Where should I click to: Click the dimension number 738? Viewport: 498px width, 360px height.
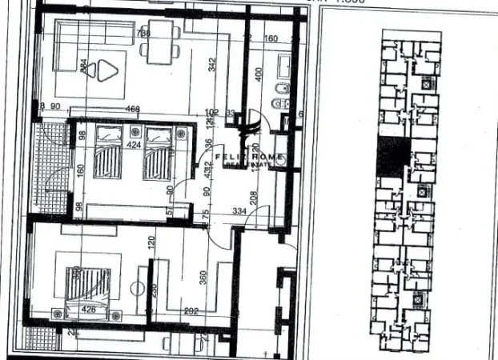[143, 33]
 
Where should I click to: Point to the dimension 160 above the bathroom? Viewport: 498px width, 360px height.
[271, 38]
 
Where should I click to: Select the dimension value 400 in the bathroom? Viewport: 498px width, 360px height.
[258, 73]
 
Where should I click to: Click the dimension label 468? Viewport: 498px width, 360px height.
[134, 110]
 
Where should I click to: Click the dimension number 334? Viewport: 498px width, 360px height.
[238, 210]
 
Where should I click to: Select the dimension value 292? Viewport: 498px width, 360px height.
[191, 311]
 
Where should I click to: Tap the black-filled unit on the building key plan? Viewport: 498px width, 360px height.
[392, 157]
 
